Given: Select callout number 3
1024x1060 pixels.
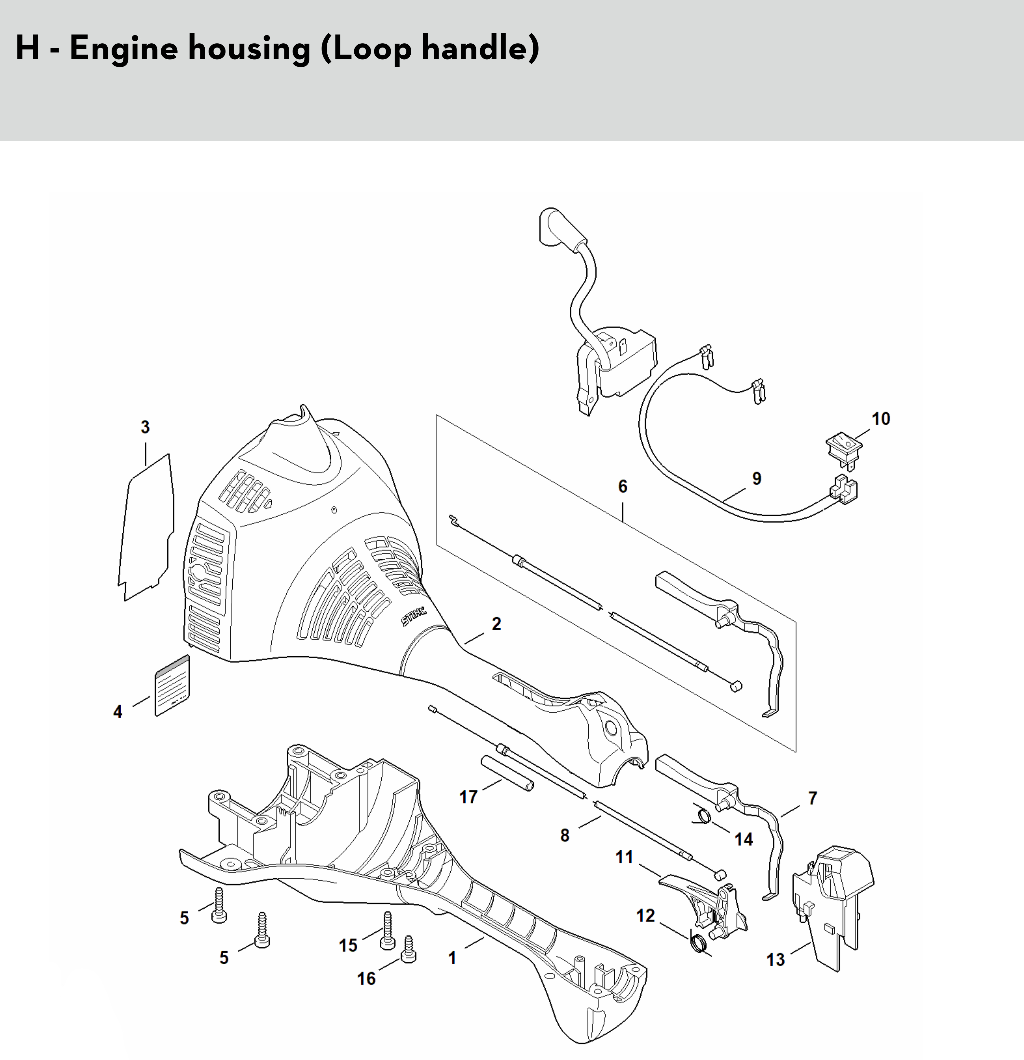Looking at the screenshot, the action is click(145, 427).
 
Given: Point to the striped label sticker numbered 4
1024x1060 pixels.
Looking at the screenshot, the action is click(172, 686).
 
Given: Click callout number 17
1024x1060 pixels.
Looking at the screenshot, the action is click(468, 797).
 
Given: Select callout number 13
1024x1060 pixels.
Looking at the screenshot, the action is click(775, 960).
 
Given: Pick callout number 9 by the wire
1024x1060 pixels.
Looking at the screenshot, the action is click(757, 479).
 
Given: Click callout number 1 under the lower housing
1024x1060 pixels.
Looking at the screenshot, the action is click(452, 958).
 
